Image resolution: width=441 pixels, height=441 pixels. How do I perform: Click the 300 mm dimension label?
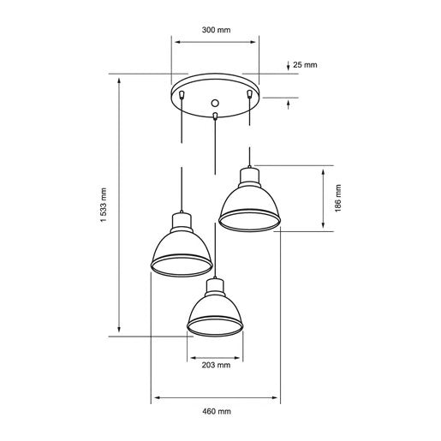point(216,30)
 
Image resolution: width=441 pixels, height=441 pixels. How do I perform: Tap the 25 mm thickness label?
point(305,65)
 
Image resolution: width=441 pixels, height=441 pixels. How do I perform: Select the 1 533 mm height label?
point(103,206)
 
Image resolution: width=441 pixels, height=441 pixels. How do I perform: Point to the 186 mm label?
point(339,197)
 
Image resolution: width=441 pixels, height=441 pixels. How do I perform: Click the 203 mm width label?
point(216,366)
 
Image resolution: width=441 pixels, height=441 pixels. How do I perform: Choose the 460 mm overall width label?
point(215,411)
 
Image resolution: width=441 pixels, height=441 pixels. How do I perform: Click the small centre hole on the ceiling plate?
point(215,101)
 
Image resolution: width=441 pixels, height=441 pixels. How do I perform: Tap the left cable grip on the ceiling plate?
point(182,92)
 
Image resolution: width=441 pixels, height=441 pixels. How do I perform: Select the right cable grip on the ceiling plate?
point(249,92)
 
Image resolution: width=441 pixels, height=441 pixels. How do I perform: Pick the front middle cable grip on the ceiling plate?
point(215,113)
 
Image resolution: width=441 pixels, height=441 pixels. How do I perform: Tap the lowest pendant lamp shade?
point(215,313)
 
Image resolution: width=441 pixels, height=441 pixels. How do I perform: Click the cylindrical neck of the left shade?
point(181,223)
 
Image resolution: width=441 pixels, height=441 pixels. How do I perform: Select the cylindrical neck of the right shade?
point(249,178)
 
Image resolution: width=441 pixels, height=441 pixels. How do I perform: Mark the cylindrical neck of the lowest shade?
point(215,286)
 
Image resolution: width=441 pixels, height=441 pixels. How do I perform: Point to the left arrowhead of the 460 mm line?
point(153,398)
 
